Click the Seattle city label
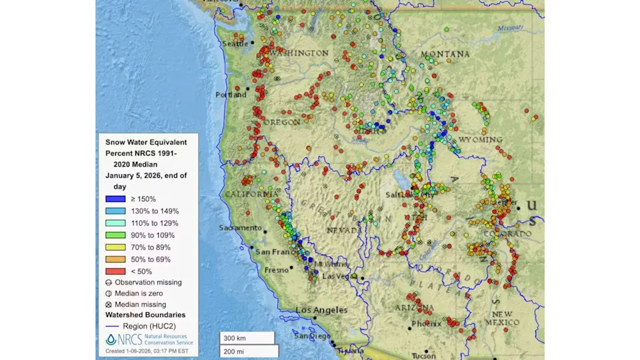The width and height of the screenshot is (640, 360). pyautogui.click(x=233, y=43)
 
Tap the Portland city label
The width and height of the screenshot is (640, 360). pyautogui.click(x=231, y=95)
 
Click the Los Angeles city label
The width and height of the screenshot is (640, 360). pyautogui.click(x=321, y=310)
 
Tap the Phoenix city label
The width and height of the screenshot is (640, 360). pyautogui.click(x=422, y=324)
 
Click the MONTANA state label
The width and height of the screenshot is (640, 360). pyautogui.click(x=445, y=54)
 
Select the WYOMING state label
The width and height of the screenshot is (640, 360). pyautogui.click(x=480, y=139)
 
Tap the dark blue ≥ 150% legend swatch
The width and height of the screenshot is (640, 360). pyautogui.click(x=115, y=199)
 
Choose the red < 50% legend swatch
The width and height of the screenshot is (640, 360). pyautogui.click(x=115, y=271)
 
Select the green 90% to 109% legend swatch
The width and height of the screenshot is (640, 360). pyautogui.click(x=115, y=235)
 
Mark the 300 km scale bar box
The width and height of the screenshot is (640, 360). pyautogui.click(x=247, y=338)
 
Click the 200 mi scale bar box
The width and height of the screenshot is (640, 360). pyautogui.click(x=249, y=351)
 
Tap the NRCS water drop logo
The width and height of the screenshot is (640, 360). pyautogui.click(x=111, y=339)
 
